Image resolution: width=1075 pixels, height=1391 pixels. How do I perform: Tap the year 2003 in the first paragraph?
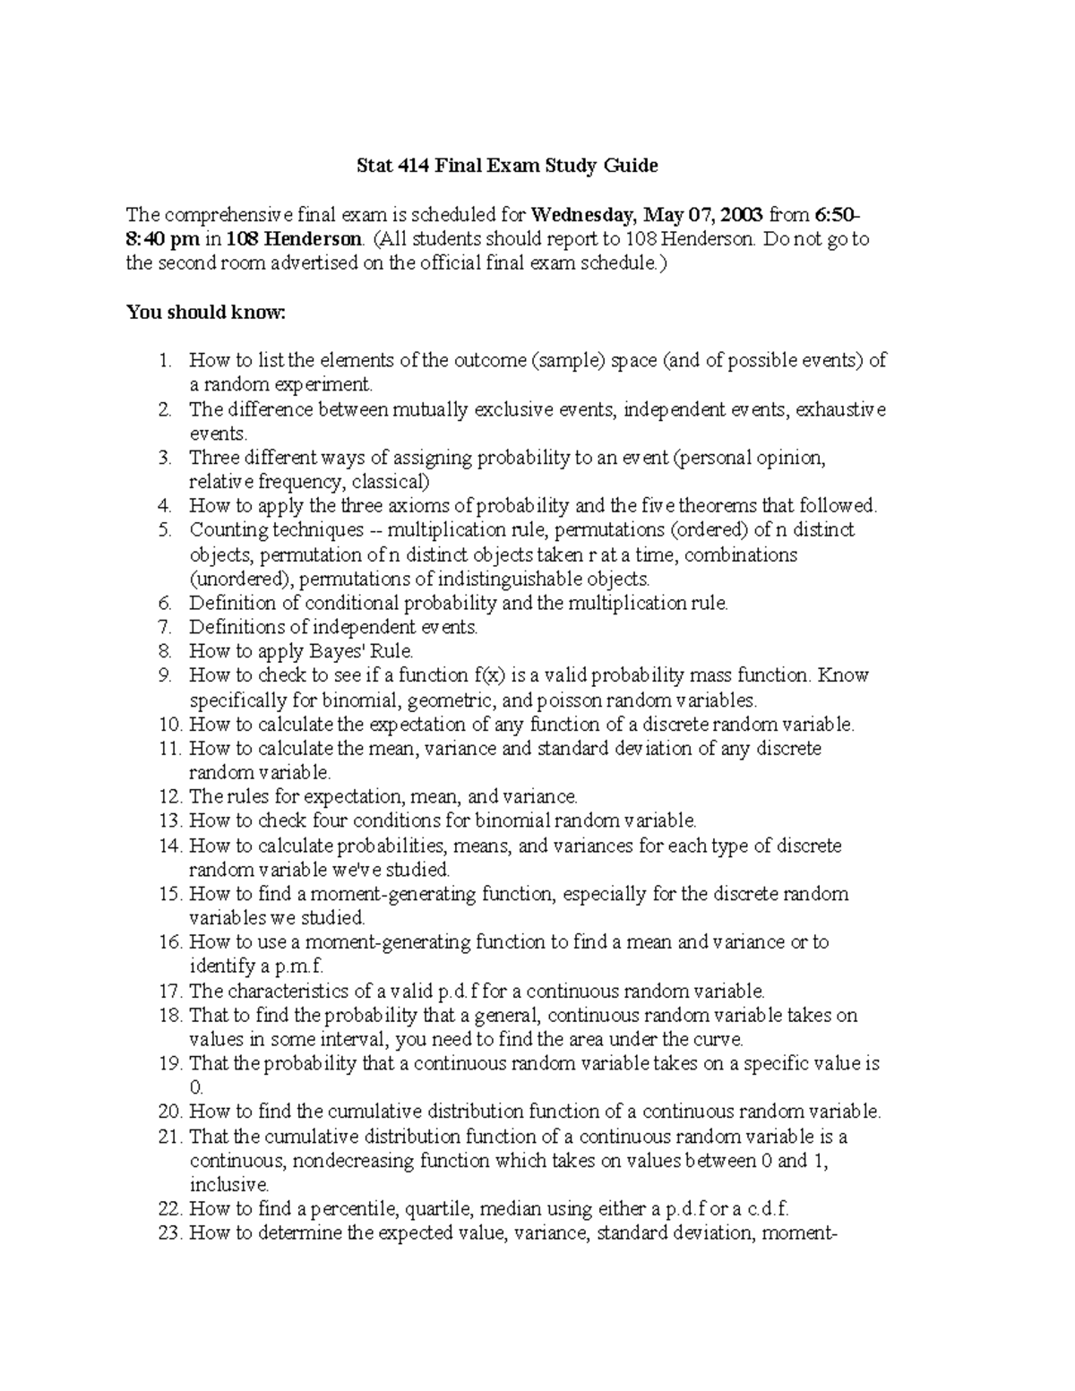tap(739, 215)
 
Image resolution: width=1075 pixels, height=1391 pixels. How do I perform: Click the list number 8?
tap(164, 651)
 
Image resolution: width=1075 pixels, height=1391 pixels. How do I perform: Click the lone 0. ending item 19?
tap(196, 1088)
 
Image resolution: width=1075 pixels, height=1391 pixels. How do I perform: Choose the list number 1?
tap(164, 361)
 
